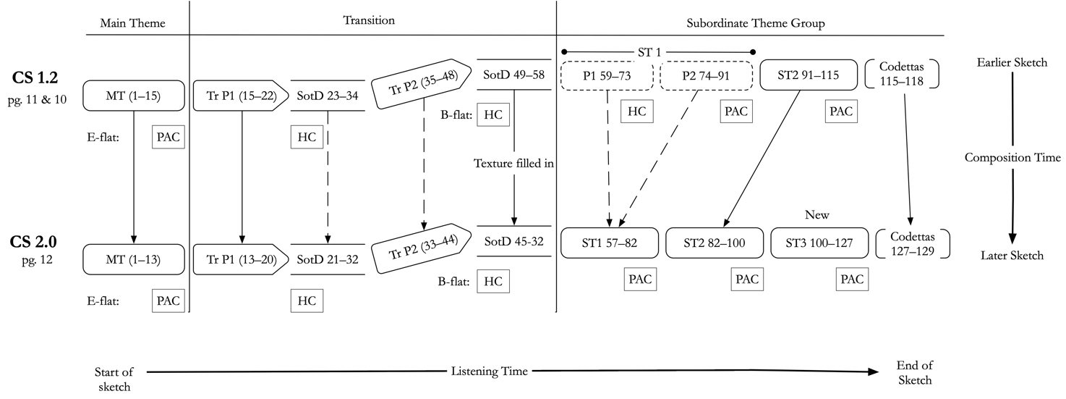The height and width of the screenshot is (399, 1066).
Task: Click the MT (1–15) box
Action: tap(134, 96)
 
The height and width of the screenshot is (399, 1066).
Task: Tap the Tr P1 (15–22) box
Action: tap(241, 96)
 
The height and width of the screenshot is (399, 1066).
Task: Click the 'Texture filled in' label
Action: tap(513, 163)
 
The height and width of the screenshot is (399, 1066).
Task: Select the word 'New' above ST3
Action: tap(816, 215)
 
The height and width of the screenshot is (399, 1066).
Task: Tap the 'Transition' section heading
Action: tap(369, 20)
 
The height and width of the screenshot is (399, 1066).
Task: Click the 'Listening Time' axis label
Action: tap(490, 371)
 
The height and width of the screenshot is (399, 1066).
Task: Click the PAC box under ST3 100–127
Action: tap(853, 280)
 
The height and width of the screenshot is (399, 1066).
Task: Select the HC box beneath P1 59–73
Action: tap(637, 112)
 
